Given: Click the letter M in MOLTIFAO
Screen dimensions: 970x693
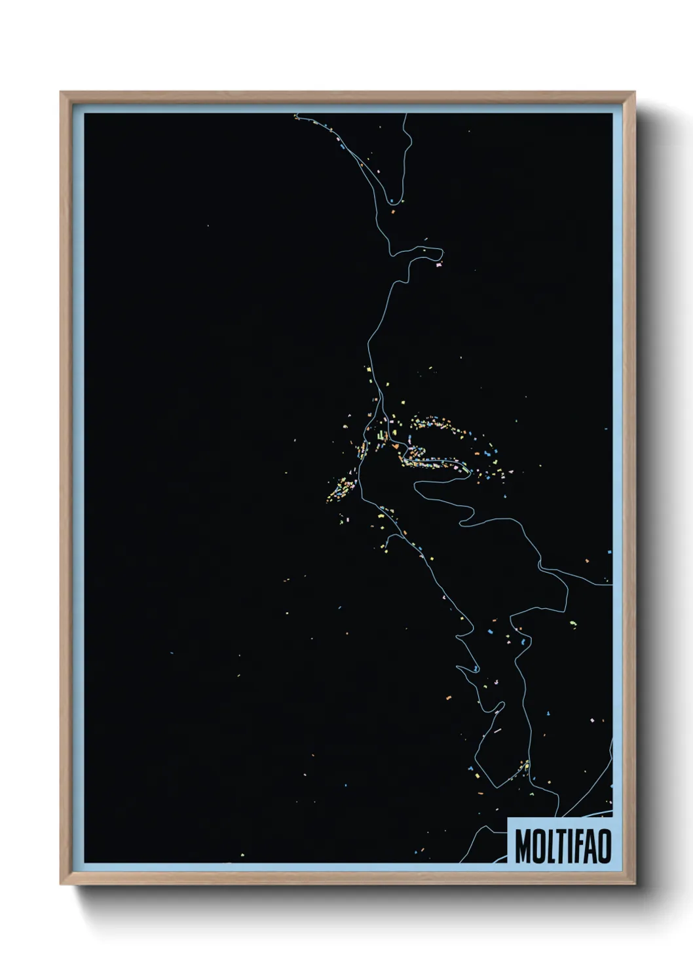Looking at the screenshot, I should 522,847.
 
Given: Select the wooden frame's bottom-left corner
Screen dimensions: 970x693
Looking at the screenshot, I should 61,885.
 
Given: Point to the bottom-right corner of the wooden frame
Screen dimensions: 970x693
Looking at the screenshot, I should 635,885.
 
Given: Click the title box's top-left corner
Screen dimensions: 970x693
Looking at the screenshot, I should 509,818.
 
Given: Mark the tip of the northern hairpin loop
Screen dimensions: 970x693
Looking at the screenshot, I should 443,252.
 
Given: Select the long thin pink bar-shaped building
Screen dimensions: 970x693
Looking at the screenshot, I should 497,729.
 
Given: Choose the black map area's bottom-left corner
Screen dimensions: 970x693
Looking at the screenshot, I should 84,863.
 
